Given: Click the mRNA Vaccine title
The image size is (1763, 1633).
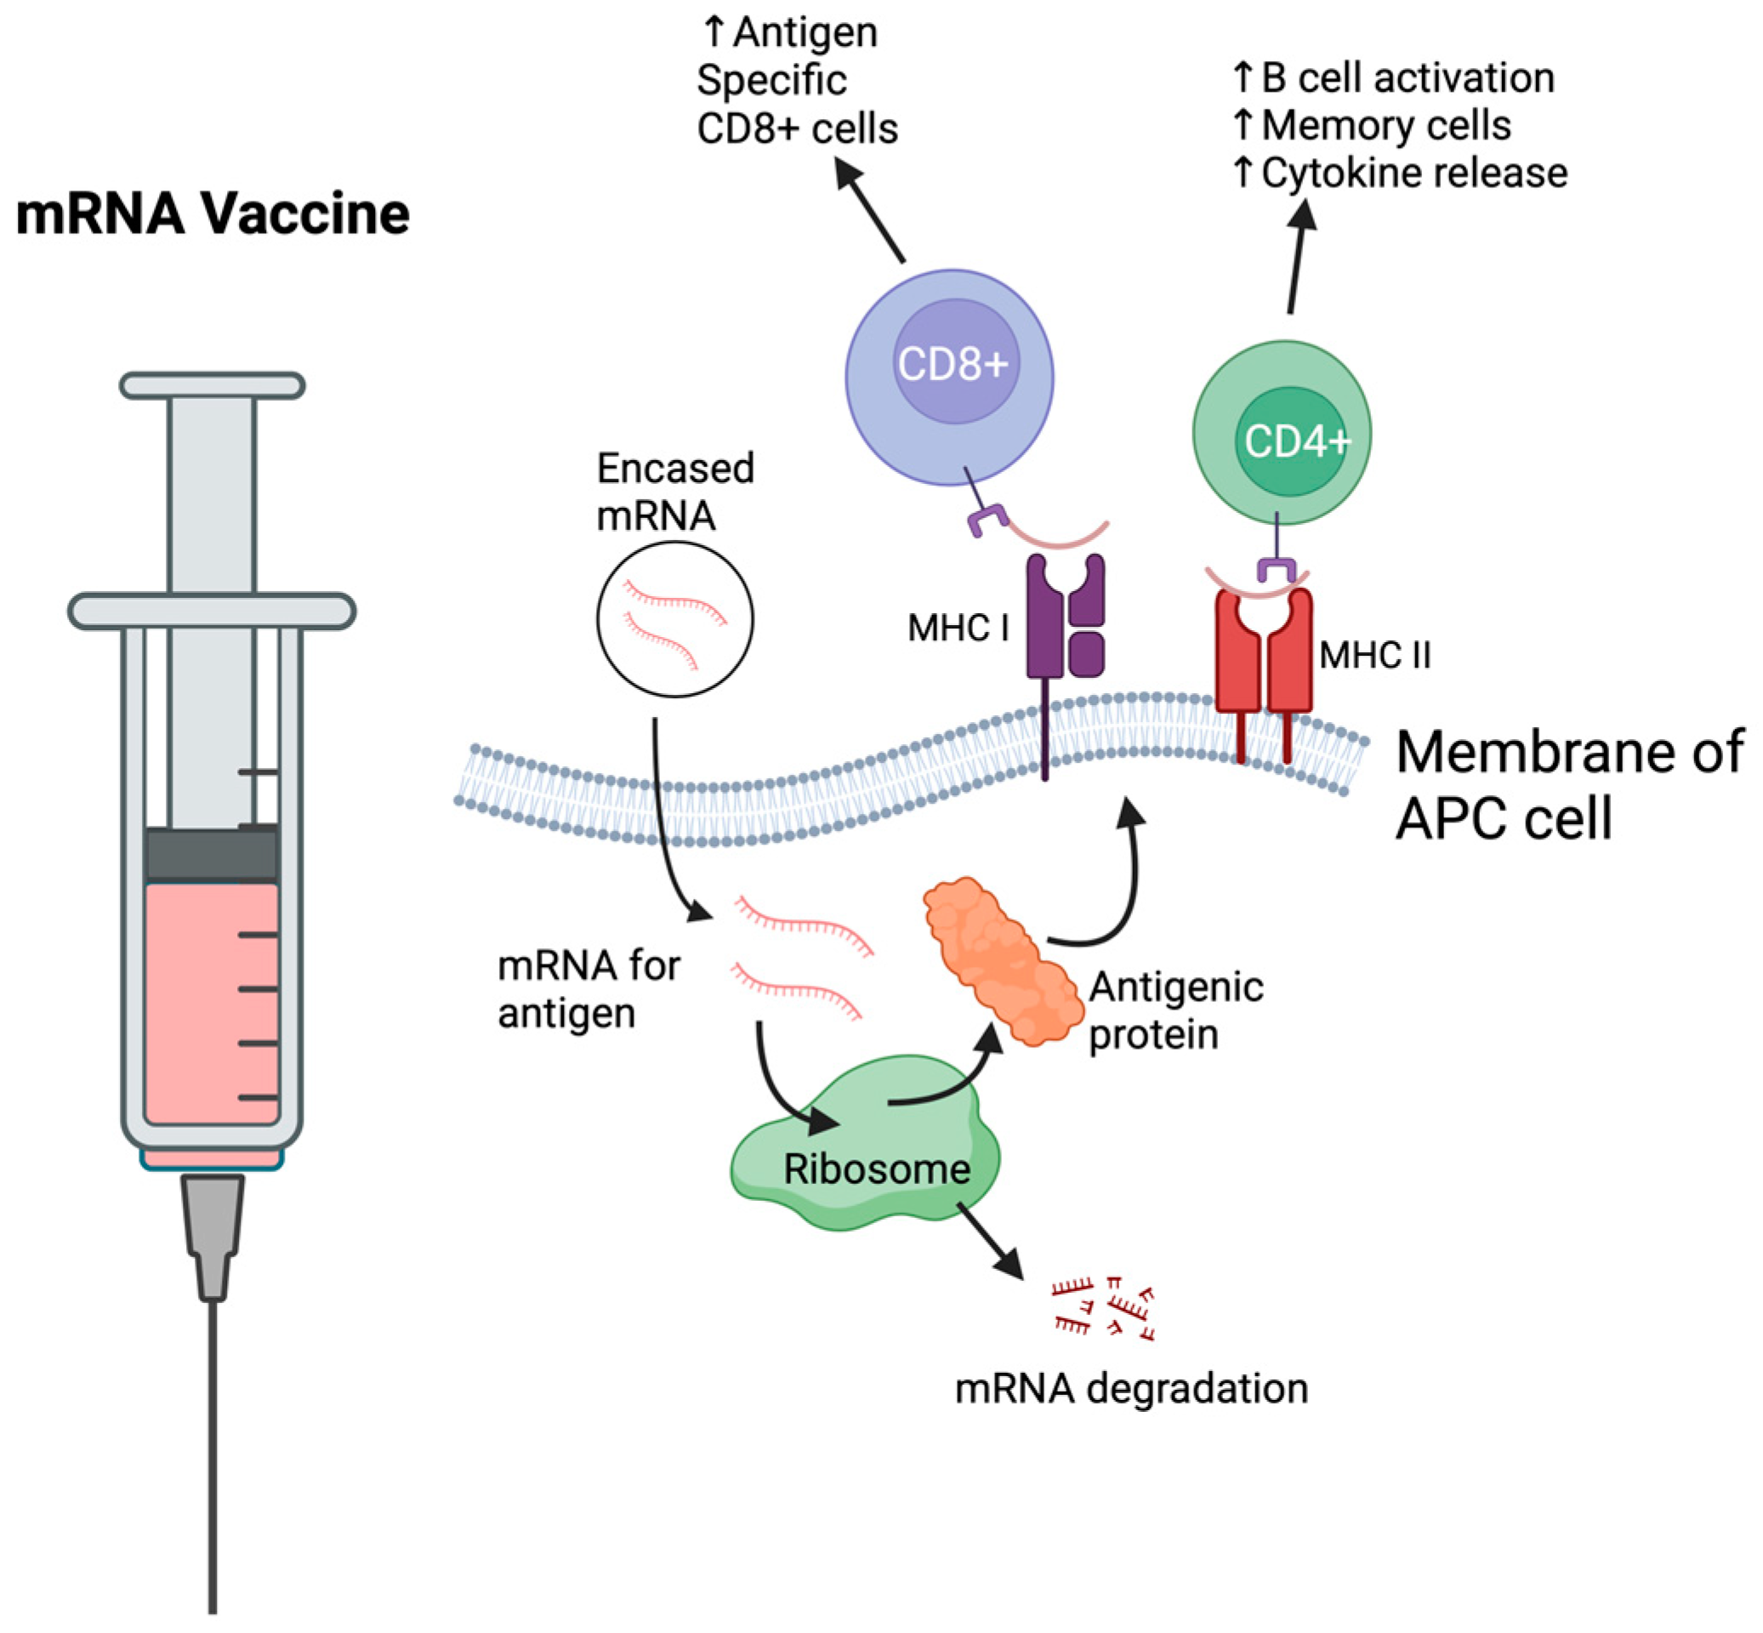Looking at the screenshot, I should tap(212, 213).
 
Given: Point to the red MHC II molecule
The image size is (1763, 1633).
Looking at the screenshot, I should tap(1263, 654).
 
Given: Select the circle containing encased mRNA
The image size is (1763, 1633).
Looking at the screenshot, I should tap(675, 618).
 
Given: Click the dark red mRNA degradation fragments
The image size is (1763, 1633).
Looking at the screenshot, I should tap(1104, 1309).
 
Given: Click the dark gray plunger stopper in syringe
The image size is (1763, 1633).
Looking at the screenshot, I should tap(211, 854).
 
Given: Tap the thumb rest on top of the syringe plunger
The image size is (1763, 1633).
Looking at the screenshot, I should tap(212, 385).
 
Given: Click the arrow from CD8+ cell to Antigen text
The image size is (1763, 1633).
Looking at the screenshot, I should tap(871, 212).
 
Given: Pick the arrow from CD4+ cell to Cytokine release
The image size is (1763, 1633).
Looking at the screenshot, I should tap(1297, 256).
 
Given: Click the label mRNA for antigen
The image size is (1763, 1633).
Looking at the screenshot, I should tap(588, 989).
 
